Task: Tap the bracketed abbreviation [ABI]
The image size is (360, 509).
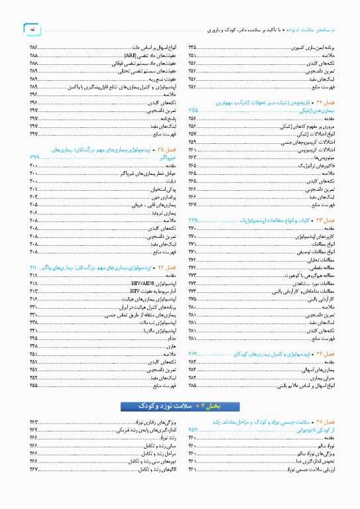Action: [131, 55]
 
